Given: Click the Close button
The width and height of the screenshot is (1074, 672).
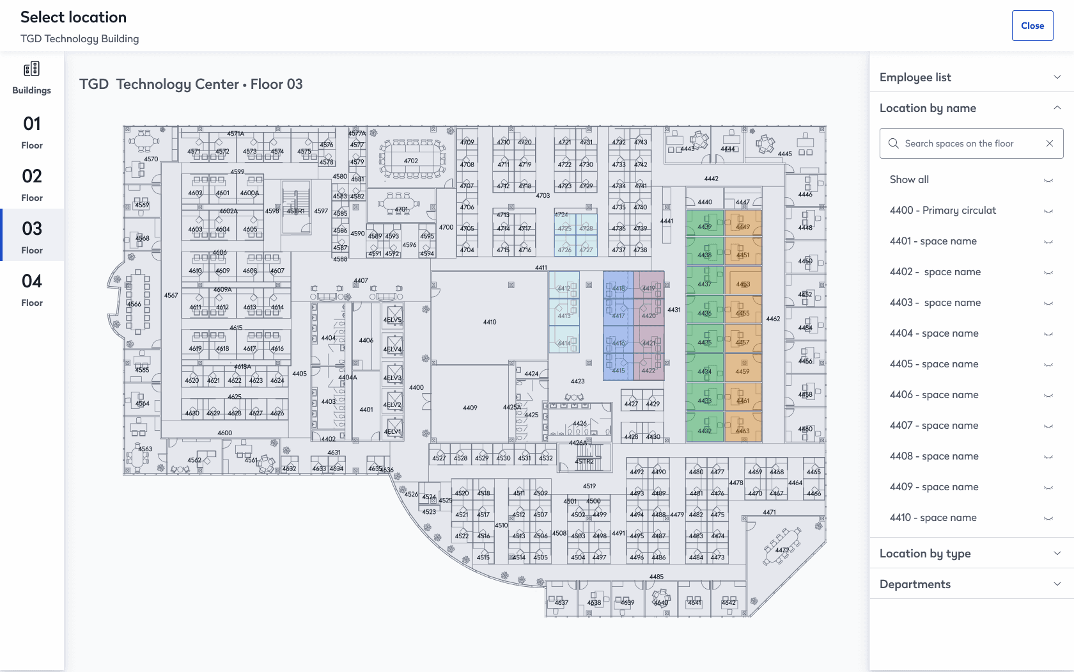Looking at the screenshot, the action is tap(1032, 26).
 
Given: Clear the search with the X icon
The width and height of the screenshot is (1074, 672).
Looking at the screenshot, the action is tap(1050, 143).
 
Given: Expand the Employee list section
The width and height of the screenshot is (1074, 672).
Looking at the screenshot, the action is tap(970, 77).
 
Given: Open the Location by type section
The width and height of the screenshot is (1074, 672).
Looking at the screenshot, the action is tap(970, 554).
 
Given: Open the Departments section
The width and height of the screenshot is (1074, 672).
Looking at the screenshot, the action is tap(970, 584).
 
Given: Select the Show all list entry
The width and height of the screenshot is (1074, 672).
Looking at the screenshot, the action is tap(909, 180).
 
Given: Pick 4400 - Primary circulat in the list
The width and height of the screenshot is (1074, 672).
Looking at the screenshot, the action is tap(942, 211).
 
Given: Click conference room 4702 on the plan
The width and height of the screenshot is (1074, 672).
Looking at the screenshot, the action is tap(412, 160).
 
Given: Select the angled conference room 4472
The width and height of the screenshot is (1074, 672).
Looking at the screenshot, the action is tap(782, 548).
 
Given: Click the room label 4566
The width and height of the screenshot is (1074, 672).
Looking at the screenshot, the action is tap(135, 304).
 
